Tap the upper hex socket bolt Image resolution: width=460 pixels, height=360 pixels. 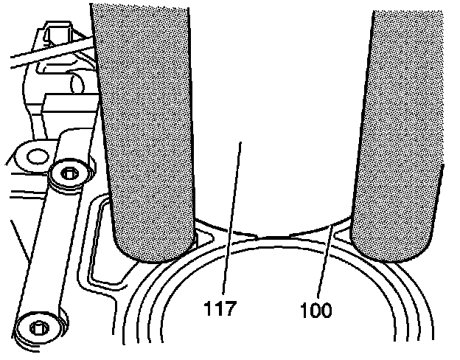coord(69,174)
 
